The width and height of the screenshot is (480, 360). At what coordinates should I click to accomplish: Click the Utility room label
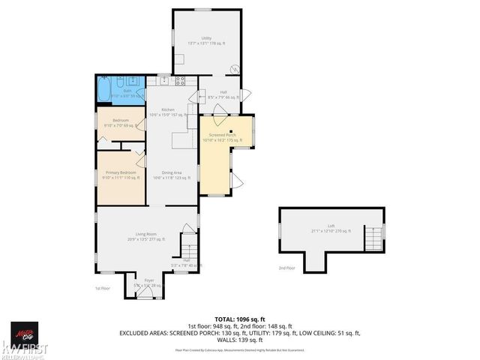[206, 39]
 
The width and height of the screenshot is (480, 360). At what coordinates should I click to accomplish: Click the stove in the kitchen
[180, 80]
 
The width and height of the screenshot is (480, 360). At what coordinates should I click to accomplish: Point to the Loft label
[330, 228]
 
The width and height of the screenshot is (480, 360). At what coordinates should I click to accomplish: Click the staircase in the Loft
[373, 239]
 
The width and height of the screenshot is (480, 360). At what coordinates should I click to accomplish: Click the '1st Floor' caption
[103, 288]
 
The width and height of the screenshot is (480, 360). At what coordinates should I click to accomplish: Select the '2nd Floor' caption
[286, 267]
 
